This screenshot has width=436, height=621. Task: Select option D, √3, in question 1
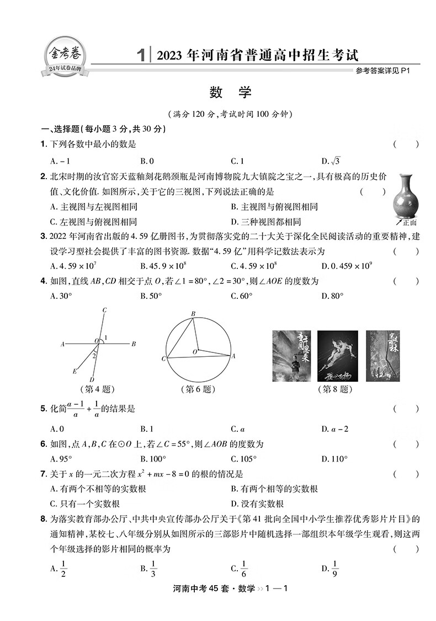(x=331, y=161)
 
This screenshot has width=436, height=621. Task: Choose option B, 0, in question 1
(x=147, y=161)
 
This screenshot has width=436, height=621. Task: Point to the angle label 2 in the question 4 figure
(x=95, y=356)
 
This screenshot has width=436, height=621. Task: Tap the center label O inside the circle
(x=195, y=351)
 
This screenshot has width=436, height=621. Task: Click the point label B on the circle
(x=193, y=314)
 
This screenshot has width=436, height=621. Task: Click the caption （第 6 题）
(x=196, y=389)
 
